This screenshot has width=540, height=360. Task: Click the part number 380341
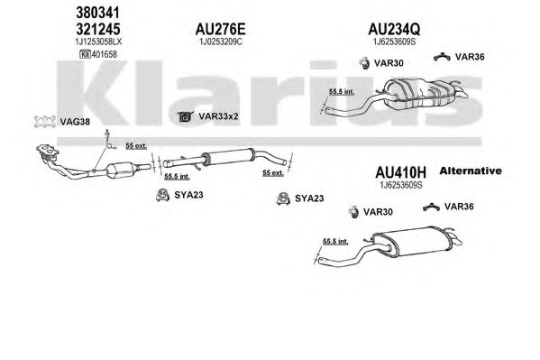tap(97, 13)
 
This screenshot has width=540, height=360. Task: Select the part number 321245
tap(97, 29)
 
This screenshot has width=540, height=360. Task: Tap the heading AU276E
tap(220, 29)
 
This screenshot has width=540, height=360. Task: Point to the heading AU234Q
tap(394, 29)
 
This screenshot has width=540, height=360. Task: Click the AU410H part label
tap(400, 171)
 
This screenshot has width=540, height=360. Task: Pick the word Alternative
tap(471, 171)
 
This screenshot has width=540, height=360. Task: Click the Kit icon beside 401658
tap(85, 54)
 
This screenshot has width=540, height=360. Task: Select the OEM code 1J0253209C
tap(221, 42)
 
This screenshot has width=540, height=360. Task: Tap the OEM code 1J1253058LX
tap(98, 42)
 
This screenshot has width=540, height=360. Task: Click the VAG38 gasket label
tap(75, 122)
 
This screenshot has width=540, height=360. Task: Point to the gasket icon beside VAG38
tap(45, 122)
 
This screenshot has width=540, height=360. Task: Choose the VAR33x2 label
tap(218, 116)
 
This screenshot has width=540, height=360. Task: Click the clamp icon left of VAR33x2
tap(186, 116)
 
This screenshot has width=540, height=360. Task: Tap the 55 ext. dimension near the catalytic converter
tap(136, 146)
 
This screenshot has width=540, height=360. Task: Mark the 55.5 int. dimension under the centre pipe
tap(177, 176)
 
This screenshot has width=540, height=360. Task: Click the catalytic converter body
tap(120, 170)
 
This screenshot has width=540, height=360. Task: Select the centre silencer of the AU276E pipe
tap(228, 157)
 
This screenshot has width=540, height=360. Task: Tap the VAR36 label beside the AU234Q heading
tap(470, 57)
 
